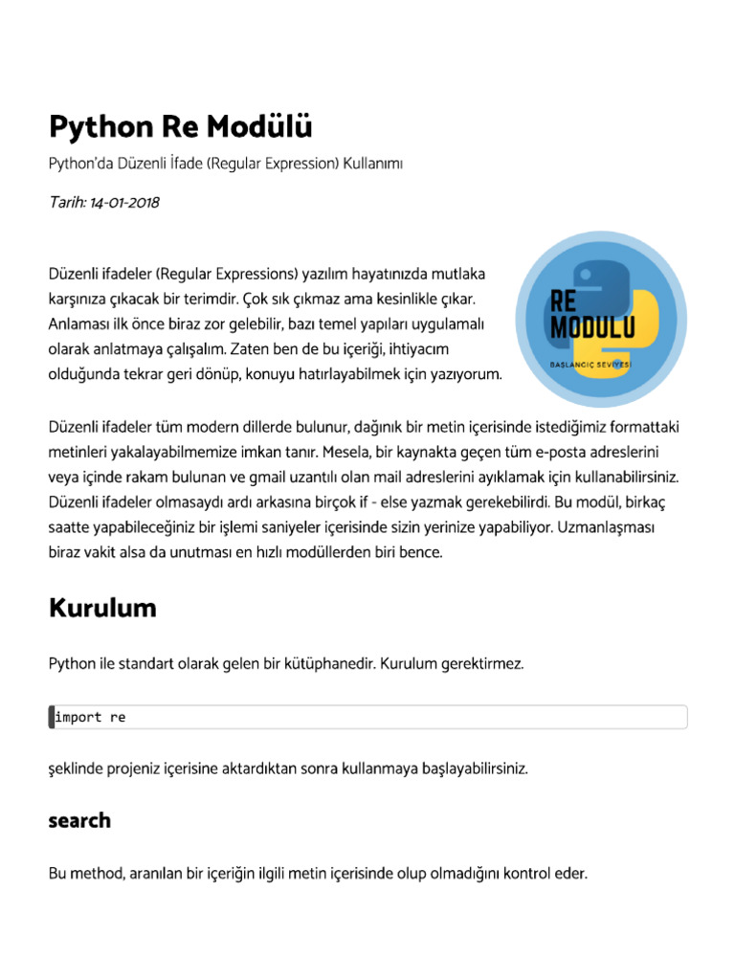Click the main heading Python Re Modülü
click(180, 126)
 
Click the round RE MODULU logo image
click(602, 319)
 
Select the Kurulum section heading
click(102, 608)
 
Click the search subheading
click(79, 820)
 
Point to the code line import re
click(91, 717)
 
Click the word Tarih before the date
click(66, 202)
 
